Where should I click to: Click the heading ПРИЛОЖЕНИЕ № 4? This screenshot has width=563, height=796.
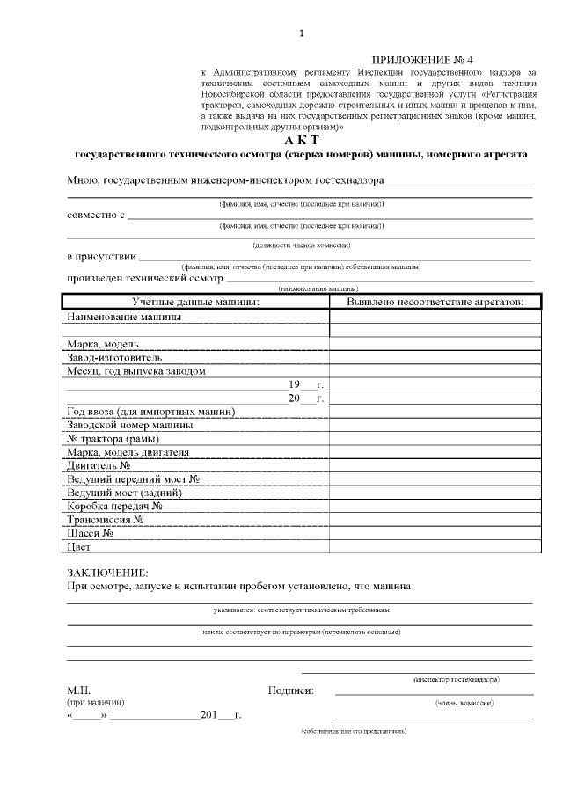point(435,57)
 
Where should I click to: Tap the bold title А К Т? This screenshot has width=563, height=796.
point(302,140)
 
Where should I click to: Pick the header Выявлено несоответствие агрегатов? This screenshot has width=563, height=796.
point(435,301)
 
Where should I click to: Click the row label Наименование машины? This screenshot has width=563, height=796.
point(124,316)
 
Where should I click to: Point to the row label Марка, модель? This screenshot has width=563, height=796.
point(103,344)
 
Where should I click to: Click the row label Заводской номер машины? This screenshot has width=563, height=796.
point(130,425)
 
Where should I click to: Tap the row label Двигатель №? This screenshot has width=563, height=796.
point(99,465)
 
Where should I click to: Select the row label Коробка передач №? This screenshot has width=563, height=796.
point(114,506)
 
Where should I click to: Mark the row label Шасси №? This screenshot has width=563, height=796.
point(90,533)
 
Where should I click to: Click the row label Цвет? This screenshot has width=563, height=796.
point(79,547)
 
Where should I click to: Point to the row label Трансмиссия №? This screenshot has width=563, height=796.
point(106,520)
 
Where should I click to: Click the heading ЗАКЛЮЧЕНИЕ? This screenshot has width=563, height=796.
point(108,573)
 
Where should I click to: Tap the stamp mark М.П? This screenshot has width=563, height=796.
point(78,690)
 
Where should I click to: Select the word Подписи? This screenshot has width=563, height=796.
point(290,690)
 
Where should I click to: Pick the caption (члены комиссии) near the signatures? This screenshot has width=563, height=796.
point(464,703)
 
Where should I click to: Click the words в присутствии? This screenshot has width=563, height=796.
point(101,257)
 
